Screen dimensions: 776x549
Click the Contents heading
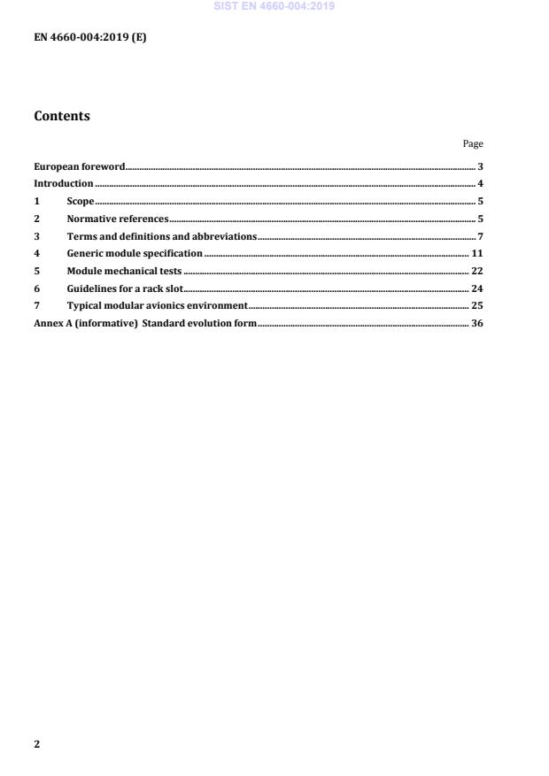click(x=62, y=116)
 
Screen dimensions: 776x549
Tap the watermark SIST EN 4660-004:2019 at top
click(x=274, y=6)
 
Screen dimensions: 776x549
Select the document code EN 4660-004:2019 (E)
click(x=89, y=37)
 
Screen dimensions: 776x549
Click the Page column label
click(x=473, y=143)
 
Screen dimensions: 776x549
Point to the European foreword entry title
click(x=79, y=166)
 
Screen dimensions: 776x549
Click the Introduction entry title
click(x=63, y=184)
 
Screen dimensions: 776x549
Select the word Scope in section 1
click(x=81, y=201)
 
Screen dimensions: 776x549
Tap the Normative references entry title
click(x=118, y=219)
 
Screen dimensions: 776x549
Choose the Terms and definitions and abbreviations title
click(x=161, y=236)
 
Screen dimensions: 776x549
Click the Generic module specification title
click(x=135, y=253)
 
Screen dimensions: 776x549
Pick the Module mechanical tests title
click(x=124, y=271)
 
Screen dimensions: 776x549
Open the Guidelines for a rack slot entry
click(x=124, y=288)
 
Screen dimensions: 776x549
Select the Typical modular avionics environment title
click(x=157, y=305)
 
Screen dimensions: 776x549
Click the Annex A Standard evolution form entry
click(x=145, y=323)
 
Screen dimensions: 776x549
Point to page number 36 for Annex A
click(x=476, y=323)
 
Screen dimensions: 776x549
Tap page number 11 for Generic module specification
click(x=476, y=253)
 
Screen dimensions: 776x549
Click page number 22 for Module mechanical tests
click(x=476, y=271)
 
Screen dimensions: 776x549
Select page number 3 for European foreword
click(x=480, y=166)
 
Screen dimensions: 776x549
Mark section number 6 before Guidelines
click(x=36, y=288)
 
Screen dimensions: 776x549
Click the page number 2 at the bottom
click(x=36, y=744)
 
